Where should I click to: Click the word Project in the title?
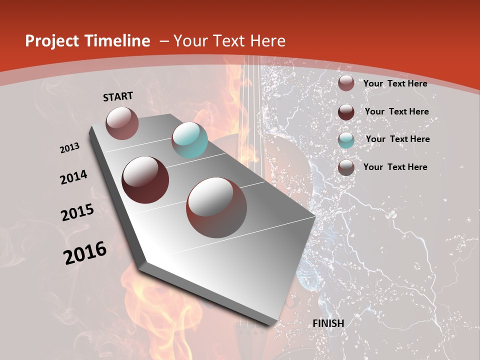pos(51,41)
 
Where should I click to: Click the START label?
pos(118,96)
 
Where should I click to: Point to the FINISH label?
pos(328,323)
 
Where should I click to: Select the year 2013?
pos(70,148)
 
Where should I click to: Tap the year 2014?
pos(74,177)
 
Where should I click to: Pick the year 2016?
pos(85,253)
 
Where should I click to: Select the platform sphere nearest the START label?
pos(122,123)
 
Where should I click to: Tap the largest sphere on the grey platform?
pos(216,207)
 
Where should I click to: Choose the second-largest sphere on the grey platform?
pos(145,179)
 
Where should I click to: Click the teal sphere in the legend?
pos(346,140)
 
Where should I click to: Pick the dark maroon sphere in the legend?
pos(346,112)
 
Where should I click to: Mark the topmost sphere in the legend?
pos(346,83)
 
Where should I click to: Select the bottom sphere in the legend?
pos(346,167)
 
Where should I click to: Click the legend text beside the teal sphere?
pos(398,139)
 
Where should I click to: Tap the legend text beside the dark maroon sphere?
pos(397,111)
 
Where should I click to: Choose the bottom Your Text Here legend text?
pos(395,167)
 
